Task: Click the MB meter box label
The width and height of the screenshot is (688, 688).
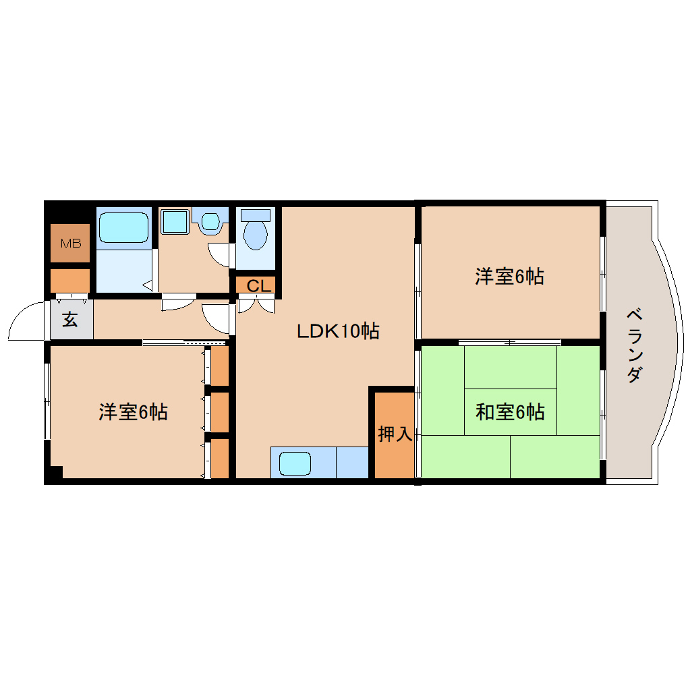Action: pyautogui.click(x=70, y=243)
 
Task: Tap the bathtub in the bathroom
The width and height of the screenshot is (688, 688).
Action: pyautogui.click(x=123, y=228)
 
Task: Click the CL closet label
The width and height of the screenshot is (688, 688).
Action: pyautogui.click(x=258, y=286)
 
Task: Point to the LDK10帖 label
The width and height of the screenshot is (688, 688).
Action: pyautogui.click(x=338, y=331)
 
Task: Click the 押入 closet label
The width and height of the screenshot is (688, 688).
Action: pyautogui.click(x=395, y=434)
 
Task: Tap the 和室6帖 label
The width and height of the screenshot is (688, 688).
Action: pyautogui.click(x=510, y=411)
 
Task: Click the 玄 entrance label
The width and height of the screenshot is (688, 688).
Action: pyautogui.click(x=70, y=320)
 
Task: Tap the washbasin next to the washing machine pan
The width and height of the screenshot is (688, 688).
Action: pyautogui.click(x=210, y=221)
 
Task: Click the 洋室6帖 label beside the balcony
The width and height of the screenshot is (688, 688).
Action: pyautogui.click(x=509, y=277)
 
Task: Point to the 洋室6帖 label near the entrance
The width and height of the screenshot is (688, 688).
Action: pyautogui.click(x=133, y=411)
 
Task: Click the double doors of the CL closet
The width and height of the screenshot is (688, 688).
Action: pyautogui.click(x=257, y=304)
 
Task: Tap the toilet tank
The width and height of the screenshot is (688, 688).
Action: pyautogui.click(x=256, y=215)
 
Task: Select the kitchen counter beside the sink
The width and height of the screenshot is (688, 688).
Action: pyautogui.click(x=352, y=463)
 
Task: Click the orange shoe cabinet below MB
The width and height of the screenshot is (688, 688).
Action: pyautogui.click(x=70, y=280)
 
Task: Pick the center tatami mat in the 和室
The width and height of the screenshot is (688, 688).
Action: pyautogui.click(x=511, y=411)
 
